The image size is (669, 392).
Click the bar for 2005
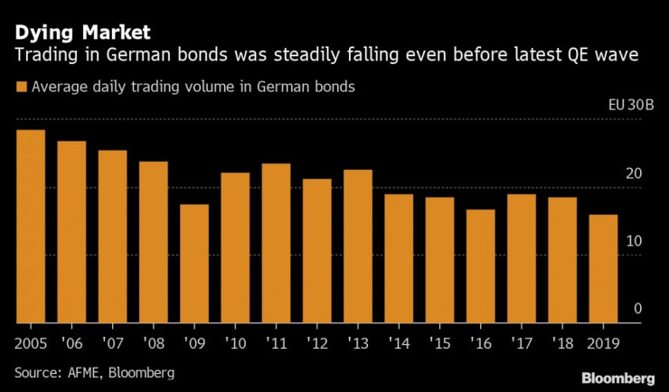coord(31,227)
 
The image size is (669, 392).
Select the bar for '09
coord(193,264)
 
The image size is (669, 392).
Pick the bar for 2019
coord(602,268)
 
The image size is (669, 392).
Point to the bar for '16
coord(480,266)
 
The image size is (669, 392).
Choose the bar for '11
coord(276,243)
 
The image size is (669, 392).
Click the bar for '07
coord(112,237)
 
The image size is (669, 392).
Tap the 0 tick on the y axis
coord(637,309)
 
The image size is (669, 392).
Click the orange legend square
coord(21,88)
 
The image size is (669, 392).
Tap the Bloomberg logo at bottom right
coord(618,376)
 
